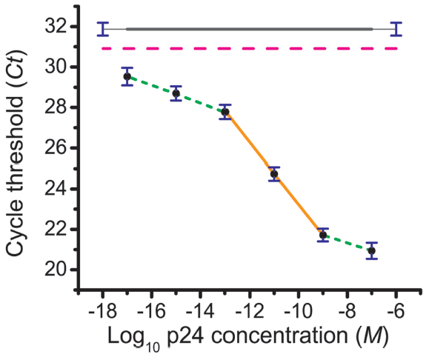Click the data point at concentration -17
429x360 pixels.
127,76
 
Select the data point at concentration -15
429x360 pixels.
176,93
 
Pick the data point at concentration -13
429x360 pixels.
225,112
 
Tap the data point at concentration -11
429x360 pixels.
274,174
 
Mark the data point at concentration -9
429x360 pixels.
323,235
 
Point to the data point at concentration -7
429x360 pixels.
372,250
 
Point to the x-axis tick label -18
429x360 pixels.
102,312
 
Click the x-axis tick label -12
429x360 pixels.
249,312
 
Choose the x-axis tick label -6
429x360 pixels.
396,312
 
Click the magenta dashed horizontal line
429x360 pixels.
249,48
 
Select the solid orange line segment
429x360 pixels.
274,173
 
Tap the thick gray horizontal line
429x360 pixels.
249,29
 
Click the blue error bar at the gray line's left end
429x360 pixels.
102,29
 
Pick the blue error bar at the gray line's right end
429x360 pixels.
396,29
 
